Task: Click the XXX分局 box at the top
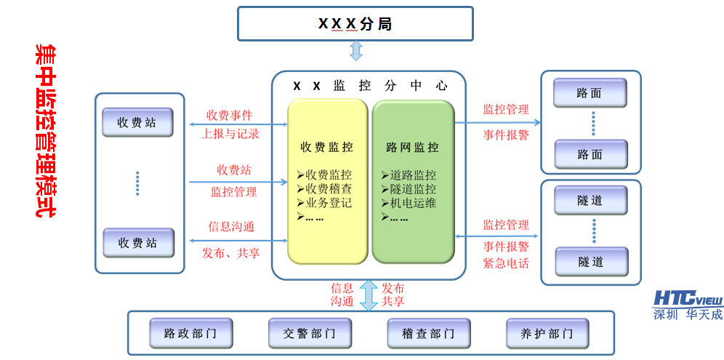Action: click(x=355, y=24)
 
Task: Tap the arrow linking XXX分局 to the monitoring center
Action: click(x=356, y=51)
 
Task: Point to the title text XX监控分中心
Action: click(x=369, y=86)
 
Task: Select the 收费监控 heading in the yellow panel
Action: click(x=327, y=148)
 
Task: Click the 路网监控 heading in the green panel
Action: click(x=412, y=148)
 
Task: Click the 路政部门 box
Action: click(x=184, y=334)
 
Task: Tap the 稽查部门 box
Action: click(x=422, y=334)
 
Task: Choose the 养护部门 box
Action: click(x=541, y=334)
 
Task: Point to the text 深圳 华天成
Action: click(x=688, y=315)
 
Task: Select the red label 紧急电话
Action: click(x=506, y=263)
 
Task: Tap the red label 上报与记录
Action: click(x=230, y=134)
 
